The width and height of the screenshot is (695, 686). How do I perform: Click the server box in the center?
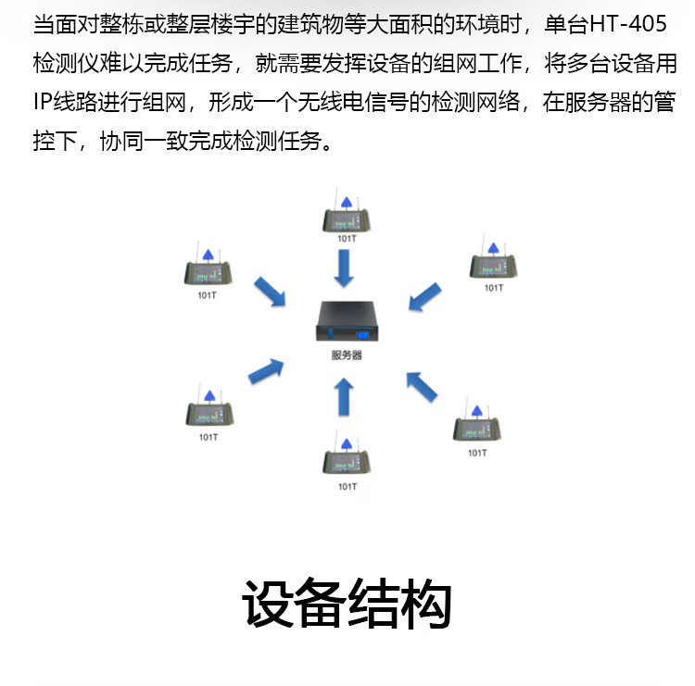(347, 322)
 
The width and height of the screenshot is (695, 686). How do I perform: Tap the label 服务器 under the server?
(347, 355)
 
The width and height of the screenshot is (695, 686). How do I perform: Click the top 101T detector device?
(346, 218)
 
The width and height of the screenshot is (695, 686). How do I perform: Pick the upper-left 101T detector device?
(208, 272)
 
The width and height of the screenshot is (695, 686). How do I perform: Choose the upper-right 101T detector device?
(494, 266)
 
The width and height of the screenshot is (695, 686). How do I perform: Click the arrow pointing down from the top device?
(345, 269)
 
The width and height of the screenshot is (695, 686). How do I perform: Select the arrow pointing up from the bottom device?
(344, 400)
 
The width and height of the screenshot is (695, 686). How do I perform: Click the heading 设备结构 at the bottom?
(347, 606)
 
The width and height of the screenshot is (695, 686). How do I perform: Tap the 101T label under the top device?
(346, 239)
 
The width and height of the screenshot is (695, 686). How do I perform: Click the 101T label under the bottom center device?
(347, 485)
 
